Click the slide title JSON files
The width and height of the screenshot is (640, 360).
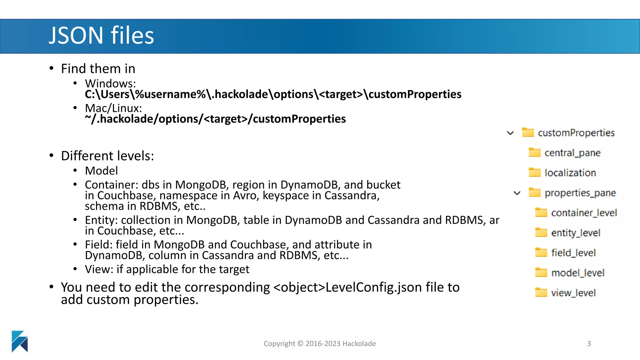coord(101,35)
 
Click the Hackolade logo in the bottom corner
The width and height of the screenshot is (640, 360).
coord(20,341)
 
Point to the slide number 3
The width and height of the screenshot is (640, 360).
coord(589,344)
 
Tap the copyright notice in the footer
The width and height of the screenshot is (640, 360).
coord(320,344)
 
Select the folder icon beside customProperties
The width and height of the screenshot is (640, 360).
coord(528,132)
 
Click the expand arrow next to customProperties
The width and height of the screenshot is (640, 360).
coord(510,133)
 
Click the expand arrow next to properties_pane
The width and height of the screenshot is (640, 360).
coord(517,193)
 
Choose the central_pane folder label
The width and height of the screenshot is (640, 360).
coord(572,153)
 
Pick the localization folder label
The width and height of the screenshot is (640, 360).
coord(570,173)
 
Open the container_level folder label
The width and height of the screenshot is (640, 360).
coord(584,213)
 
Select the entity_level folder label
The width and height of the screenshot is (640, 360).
coord(576,233)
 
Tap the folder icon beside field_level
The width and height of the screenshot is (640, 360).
coord(541,252)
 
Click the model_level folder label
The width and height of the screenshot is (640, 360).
coord(577,273)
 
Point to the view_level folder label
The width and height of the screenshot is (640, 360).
coord(573,293)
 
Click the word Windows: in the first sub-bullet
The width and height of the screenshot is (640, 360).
coord(110,83)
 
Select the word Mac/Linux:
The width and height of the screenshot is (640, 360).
coord(113,108)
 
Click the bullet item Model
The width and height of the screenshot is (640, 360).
coord(101,171)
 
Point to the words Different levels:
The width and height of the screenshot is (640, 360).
coord(107,156)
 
